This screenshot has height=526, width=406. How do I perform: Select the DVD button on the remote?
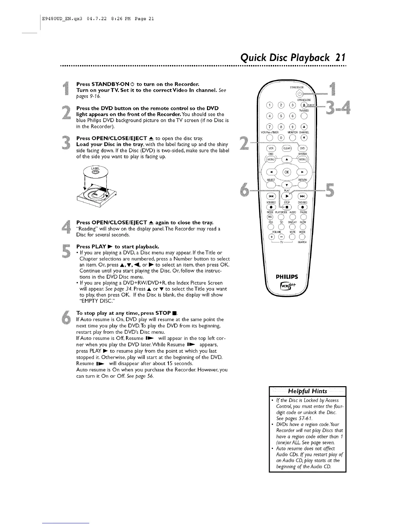[x=303, y=148]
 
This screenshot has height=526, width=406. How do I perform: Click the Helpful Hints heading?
[x=307, y=391]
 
